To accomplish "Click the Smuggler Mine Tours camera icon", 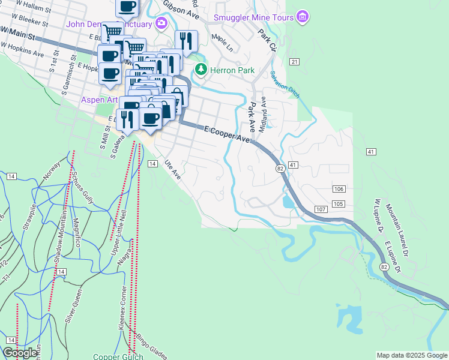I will point(303,17).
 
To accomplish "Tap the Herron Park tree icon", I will point(200,70).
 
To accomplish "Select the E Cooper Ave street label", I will point(226,133).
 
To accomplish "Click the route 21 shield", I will point(294,62).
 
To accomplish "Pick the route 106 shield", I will point(339,189).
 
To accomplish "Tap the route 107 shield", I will point(320,209).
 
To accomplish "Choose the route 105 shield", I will point(339,204).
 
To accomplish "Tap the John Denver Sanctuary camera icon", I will point(160,24).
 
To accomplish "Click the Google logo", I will point(20,353).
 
